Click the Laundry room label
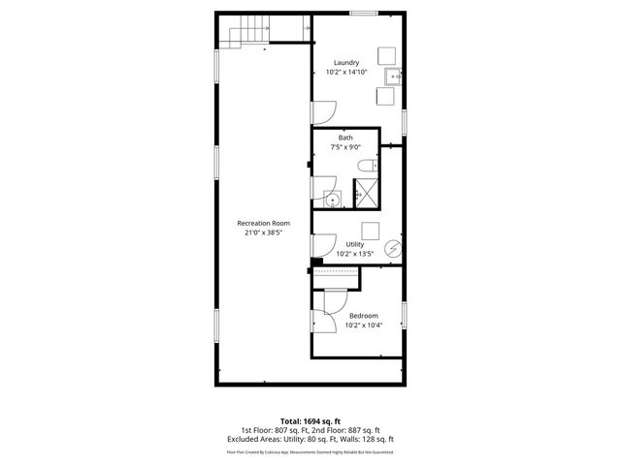coord(345,62)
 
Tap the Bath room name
coord(345,137)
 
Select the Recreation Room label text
coord(264,223)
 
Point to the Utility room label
coord(355,244)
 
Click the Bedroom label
coord(364,315)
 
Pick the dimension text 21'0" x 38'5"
coord(264,233)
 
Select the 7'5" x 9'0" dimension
coord(345,147)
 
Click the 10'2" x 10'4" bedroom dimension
coord(364,325)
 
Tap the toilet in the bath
coord(367,166)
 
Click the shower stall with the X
coord(367,194)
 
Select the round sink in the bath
coord(333,200)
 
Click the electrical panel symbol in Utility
coord(392,248)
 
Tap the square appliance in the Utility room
coord(370,230)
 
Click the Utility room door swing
coord(325,244)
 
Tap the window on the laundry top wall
coord(364,14)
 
